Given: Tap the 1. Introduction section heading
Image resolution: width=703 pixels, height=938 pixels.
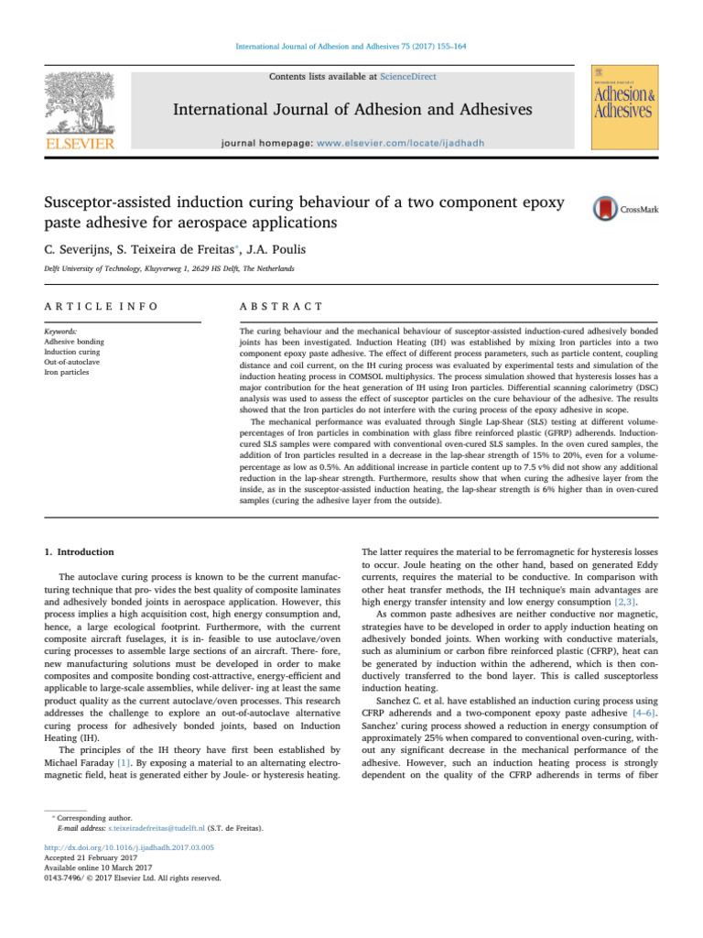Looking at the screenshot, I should [74, 552].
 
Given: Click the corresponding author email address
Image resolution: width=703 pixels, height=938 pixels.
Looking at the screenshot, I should [164, 826].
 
